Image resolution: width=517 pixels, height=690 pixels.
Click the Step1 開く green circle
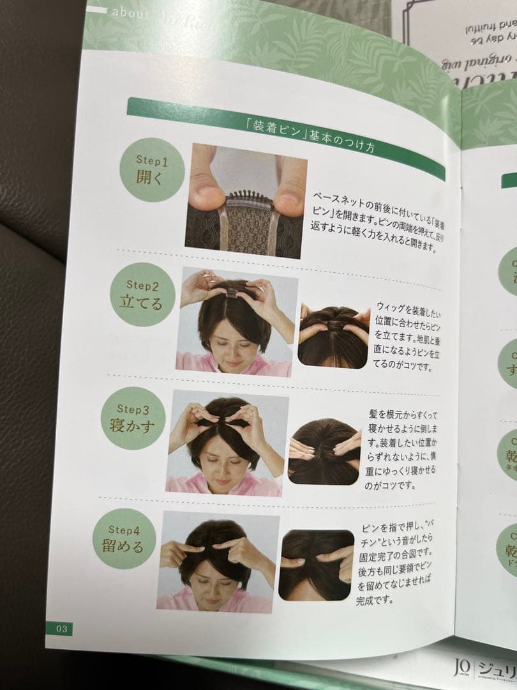click(152, 169)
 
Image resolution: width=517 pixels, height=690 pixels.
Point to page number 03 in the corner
click(61, 629)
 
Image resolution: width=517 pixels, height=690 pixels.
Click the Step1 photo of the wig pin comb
click(246, 201)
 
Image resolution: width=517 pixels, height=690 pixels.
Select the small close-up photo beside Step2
click(333, 336)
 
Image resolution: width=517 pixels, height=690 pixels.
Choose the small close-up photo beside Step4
click(316, 565)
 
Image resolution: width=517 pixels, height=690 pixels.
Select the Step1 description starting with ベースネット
click(377, 220)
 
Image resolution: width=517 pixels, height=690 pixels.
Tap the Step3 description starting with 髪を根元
click(398, 450)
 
